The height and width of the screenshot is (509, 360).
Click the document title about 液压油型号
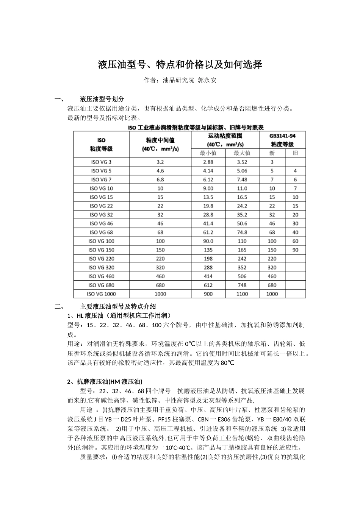click(x=180, y=64)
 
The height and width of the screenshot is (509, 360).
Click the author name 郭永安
click(x=207, y=80)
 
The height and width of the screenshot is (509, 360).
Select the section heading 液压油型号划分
click(x=102, y=99)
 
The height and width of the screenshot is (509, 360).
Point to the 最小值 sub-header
click(x=208, y=153)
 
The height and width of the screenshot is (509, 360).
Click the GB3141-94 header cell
click(x=282, y=136)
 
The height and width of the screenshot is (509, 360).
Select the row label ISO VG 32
click(x=101, y=215)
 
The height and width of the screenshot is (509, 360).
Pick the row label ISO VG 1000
click(x=101, y=294)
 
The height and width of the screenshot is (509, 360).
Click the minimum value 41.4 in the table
click(x=208, y=223)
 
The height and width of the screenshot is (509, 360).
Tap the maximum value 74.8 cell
click(x=242, y=232)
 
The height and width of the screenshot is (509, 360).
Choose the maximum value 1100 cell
click(x=242, y=294)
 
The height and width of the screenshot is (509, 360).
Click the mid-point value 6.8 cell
click(x=160, y=180)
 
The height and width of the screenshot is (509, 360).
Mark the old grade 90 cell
click(x=295, y=250)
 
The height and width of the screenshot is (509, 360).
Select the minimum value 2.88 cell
click(x=208, y=162)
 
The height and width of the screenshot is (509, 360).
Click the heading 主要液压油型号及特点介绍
click(x=118, y=306)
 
